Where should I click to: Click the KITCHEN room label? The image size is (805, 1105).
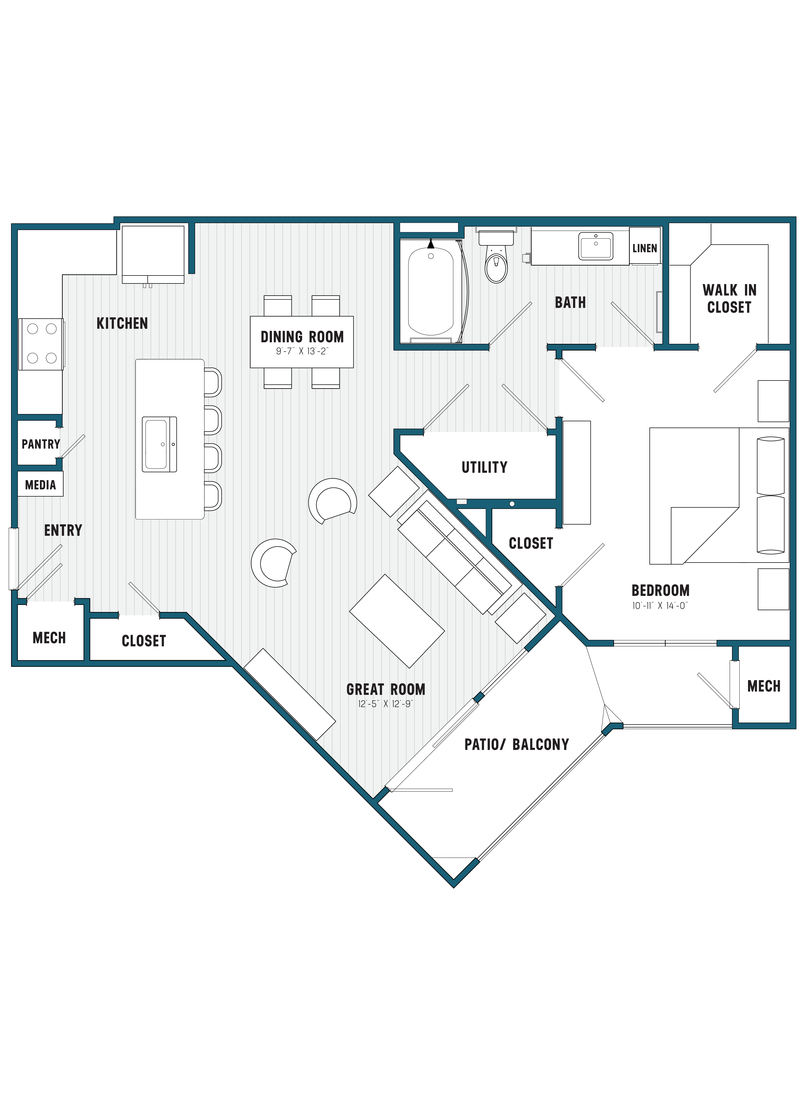(122, 323)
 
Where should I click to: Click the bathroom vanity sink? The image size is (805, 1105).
(595, 246)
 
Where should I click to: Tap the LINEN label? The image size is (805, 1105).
(645, 248)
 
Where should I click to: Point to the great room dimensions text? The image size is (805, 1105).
(385, 704)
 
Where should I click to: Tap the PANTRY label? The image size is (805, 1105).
(40, 444)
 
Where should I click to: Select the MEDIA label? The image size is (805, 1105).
(40, 485)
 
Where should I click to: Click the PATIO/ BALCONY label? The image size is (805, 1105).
(517, 744)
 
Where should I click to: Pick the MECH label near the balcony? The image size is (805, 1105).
(764, 686)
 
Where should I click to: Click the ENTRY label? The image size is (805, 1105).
(63, 530)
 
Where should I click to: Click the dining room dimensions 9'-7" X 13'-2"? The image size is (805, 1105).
(302, 351)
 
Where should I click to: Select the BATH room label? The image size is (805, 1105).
(570, 303)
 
